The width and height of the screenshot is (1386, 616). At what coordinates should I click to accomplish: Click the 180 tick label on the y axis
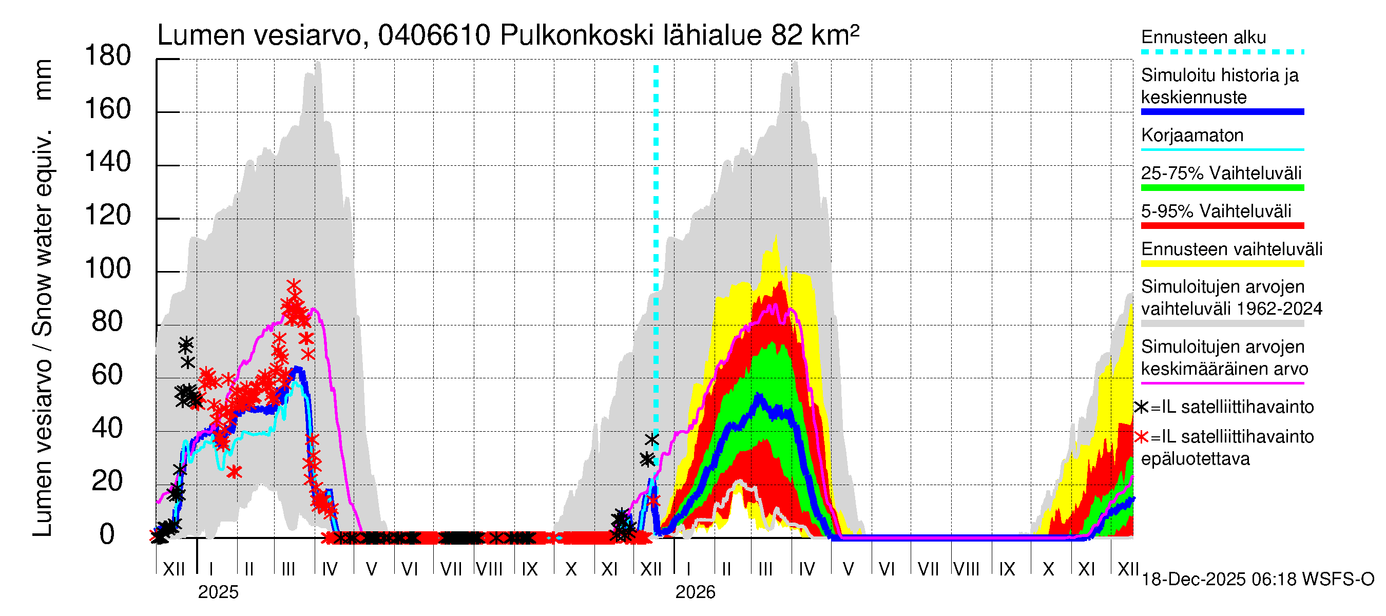tap(108, 56)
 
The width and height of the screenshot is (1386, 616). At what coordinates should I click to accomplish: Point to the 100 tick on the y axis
tap(108, 268)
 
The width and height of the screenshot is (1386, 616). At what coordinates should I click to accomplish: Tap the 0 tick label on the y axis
tap(107, 534)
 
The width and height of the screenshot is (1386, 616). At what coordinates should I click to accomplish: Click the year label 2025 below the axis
tap(218, 592)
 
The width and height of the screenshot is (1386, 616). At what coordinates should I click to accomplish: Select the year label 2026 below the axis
tap(695, 592)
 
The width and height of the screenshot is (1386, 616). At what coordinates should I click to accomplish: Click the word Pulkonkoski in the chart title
tap(577, 35)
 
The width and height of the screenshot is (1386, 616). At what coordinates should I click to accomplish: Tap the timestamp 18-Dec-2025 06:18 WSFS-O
tap(1257, 580)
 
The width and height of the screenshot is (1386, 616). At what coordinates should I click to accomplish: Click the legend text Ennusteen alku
tap(1203, 37)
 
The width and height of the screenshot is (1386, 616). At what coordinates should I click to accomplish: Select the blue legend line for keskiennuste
tap(1222, 112)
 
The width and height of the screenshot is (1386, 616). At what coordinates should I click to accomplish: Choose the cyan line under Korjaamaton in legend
tap(1222, 149)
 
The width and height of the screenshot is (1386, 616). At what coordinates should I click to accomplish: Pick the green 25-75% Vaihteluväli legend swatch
tap(1222, 188)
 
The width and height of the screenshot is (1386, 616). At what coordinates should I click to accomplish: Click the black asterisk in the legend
tap(1141, 407)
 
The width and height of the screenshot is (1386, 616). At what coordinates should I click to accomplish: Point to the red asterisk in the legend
tap(1141, 437)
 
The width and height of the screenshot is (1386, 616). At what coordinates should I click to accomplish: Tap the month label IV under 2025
tap(329, 569)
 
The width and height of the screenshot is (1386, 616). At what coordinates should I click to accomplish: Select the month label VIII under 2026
tap(966, 569)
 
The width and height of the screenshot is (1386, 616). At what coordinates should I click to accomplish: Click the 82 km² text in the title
tap(815, 35)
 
